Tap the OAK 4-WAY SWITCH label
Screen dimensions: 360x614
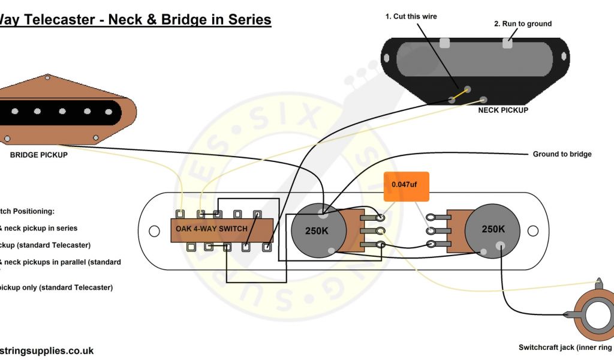click(x=212, y=229)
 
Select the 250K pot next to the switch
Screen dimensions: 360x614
click(x=317, y=231)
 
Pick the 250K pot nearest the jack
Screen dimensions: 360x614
click(x=493, y=229)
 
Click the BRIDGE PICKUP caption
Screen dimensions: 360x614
click(x=38, y=155)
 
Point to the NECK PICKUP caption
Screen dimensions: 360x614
click(x=503, y=110)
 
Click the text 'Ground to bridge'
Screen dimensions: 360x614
click(x=562, y=154)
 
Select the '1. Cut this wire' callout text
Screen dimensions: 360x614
click(x=411, y=17)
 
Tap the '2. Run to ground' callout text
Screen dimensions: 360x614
click(x=522, y=24)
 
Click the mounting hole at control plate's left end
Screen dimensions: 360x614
click(x=154, y=230)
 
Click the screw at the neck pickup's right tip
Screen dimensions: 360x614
click(x=564, y=56)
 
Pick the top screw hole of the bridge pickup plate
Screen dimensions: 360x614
click(x=47, y=77)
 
